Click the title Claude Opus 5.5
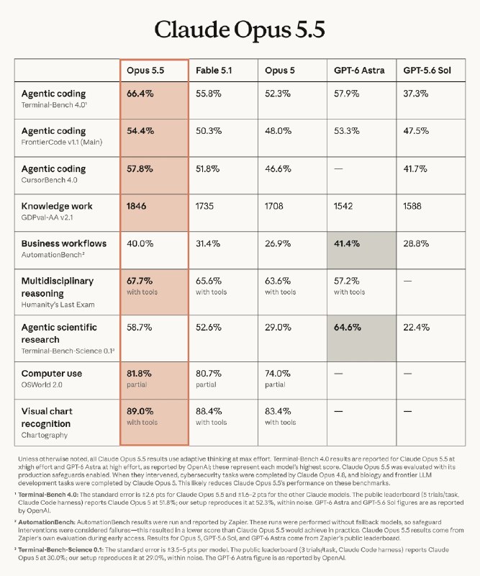coord(240,30)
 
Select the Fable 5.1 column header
coord(214,71)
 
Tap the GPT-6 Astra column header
coord(359,71)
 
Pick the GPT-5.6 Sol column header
coord(427,71)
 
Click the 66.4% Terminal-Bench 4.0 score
coord(140,94)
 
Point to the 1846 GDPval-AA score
coord(136,206)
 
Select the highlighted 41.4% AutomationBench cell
coord(362,250)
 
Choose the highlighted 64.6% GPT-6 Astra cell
coord(362,338)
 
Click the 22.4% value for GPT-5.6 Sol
coord(417,328)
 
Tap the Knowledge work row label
coord(57,206)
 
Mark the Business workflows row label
coord(64,243)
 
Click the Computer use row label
coord(52,374)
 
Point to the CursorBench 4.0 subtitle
coord(49,180)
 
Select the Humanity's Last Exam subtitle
coord(58,305)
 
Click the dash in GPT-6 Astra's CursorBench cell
coord(338,169)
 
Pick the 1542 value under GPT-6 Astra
coord(343,206)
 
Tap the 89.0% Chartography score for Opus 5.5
coord(140,411)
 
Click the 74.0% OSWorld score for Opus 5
coord(278,374)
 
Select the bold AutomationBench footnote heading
coord(47,522)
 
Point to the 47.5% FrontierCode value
coord(416,131)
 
